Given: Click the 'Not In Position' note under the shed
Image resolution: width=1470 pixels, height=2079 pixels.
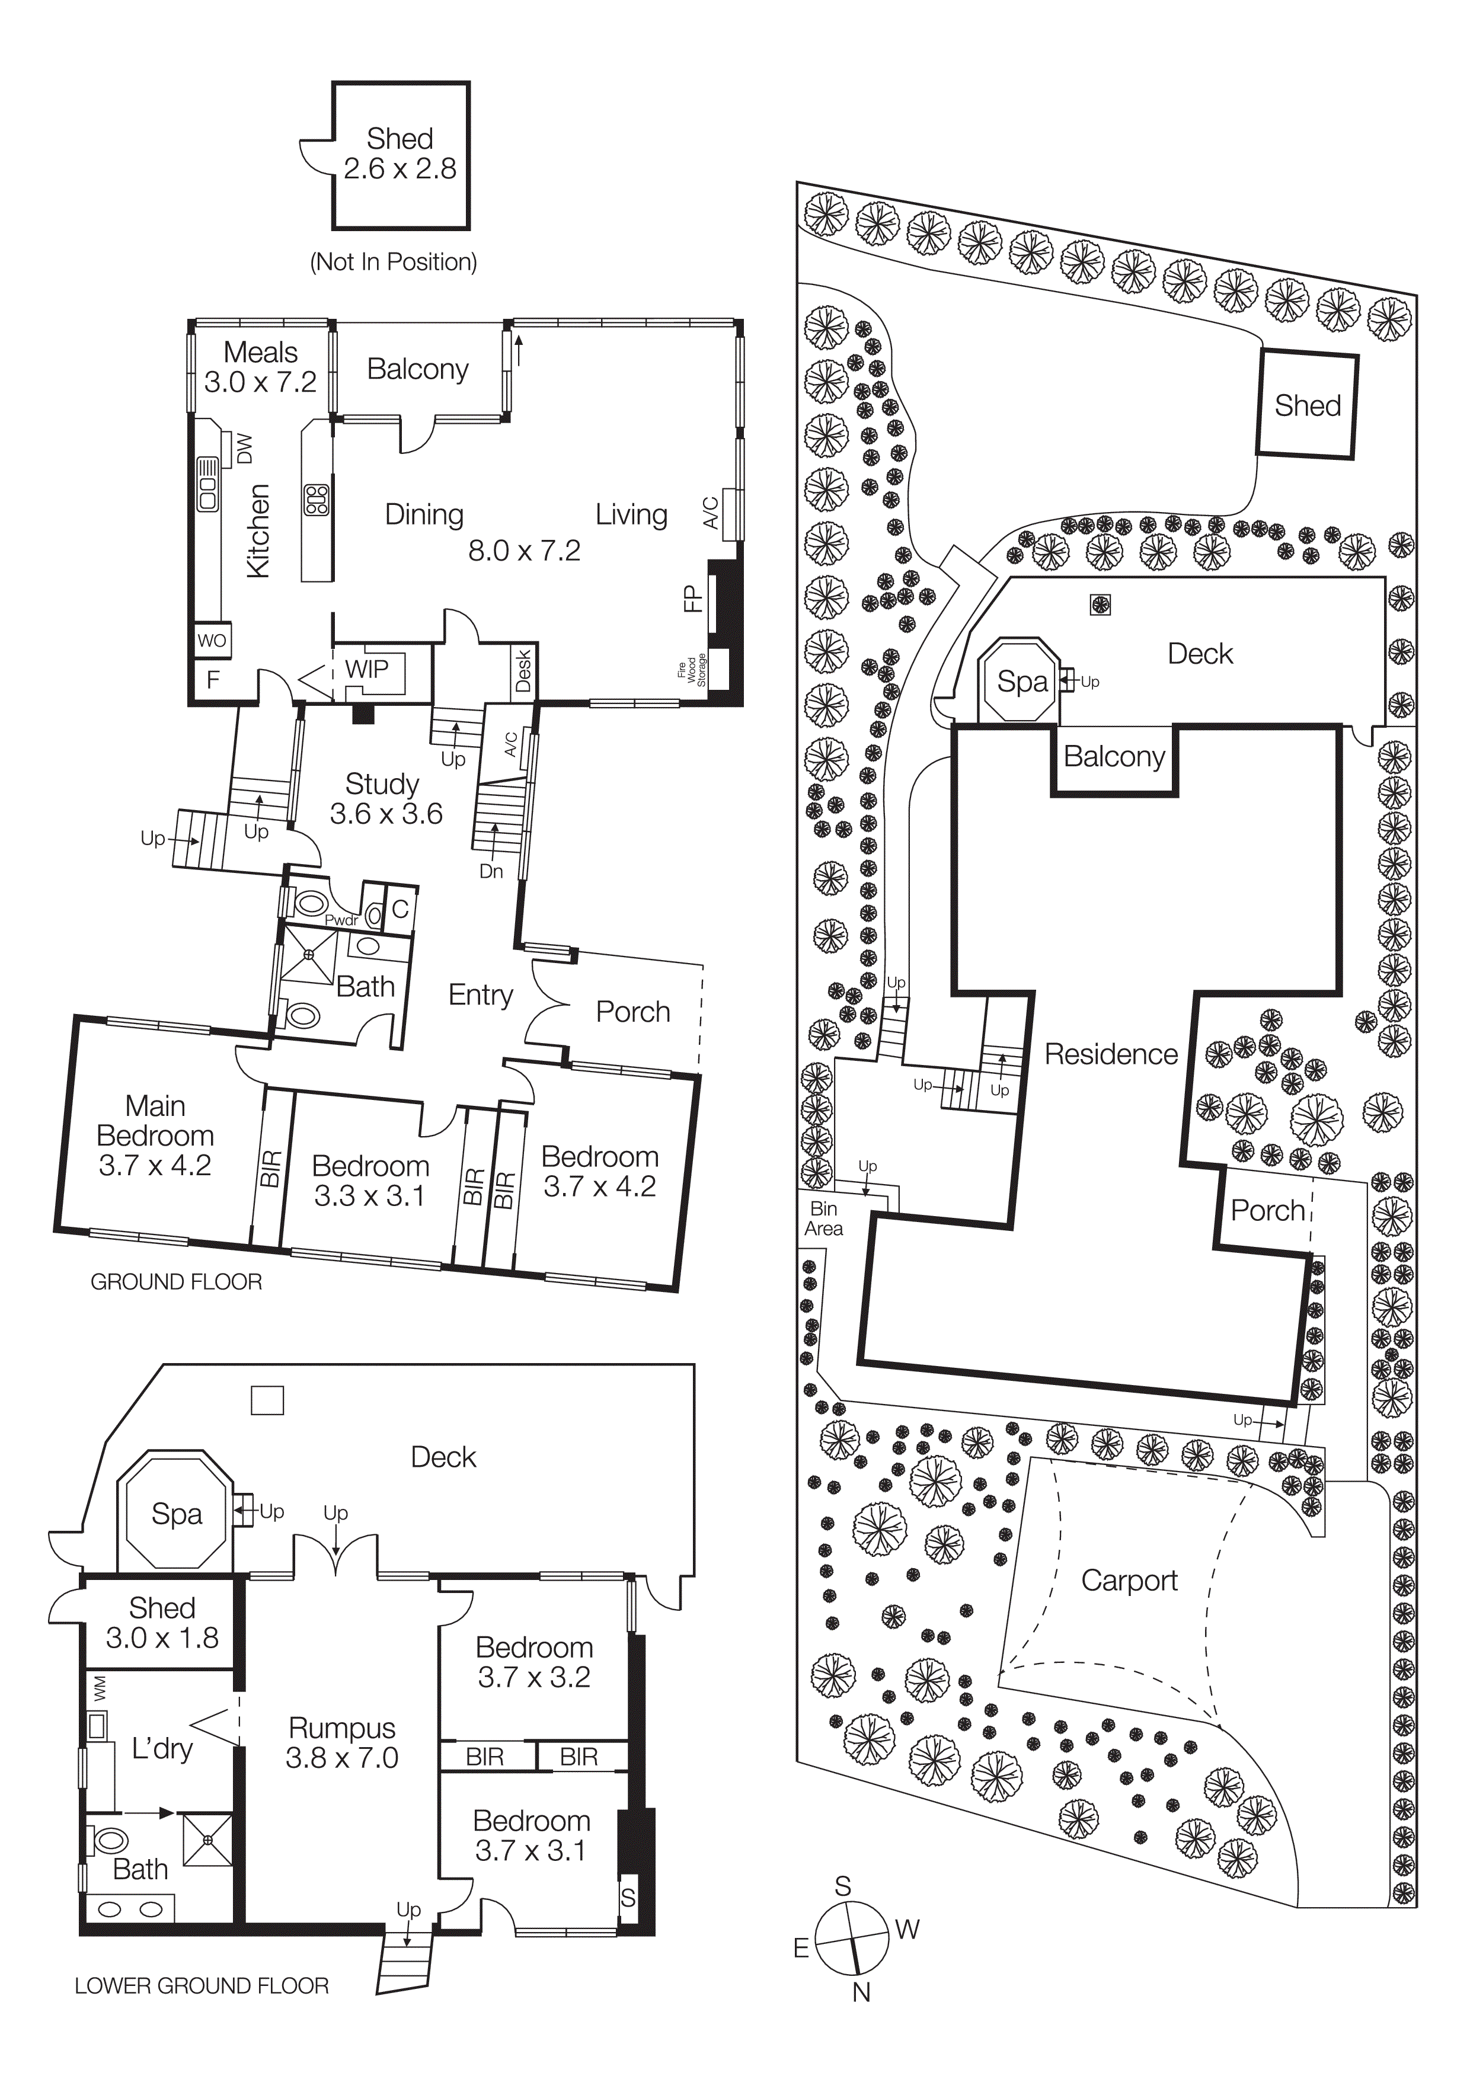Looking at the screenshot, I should [x=393, y=262].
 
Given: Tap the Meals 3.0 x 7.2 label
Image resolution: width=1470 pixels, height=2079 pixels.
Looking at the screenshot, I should [x=261, y=367].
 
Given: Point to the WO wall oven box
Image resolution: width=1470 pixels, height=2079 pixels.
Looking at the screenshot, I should [x=212, y=640].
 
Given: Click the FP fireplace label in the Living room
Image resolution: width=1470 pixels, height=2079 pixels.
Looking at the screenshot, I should [x=693, y=599].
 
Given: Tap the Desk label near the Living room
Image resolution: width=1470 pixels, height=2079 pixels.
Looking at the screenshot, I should [x=523, y=670].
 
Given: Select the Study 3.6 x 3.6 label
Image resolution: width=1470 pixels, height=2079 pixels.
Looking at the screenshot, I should [x=385, y=799].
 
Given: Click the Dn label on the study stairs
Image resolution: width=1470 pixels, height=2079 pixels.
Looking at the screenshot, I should [x=491, y=871].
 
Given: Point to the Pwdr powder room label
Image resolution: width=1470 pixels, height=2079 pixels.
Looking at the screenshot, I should [x=341, y=920].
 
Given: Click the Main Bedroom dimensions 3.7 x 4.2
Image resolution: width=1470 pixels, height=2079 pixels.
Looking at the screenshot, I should [x=155, y=1165].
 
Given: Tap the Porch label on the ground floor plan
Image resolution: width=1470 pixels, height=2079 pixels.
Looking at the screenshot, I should [x=632, y=1012].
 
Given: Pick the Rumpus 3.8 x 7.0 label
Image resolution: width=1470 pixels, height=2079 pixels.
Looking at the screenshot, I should [x=341, y=1742].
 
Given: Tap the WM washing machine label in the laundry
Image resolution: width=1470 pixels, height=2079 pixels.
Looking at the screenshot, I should [x=100, y=1687].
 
